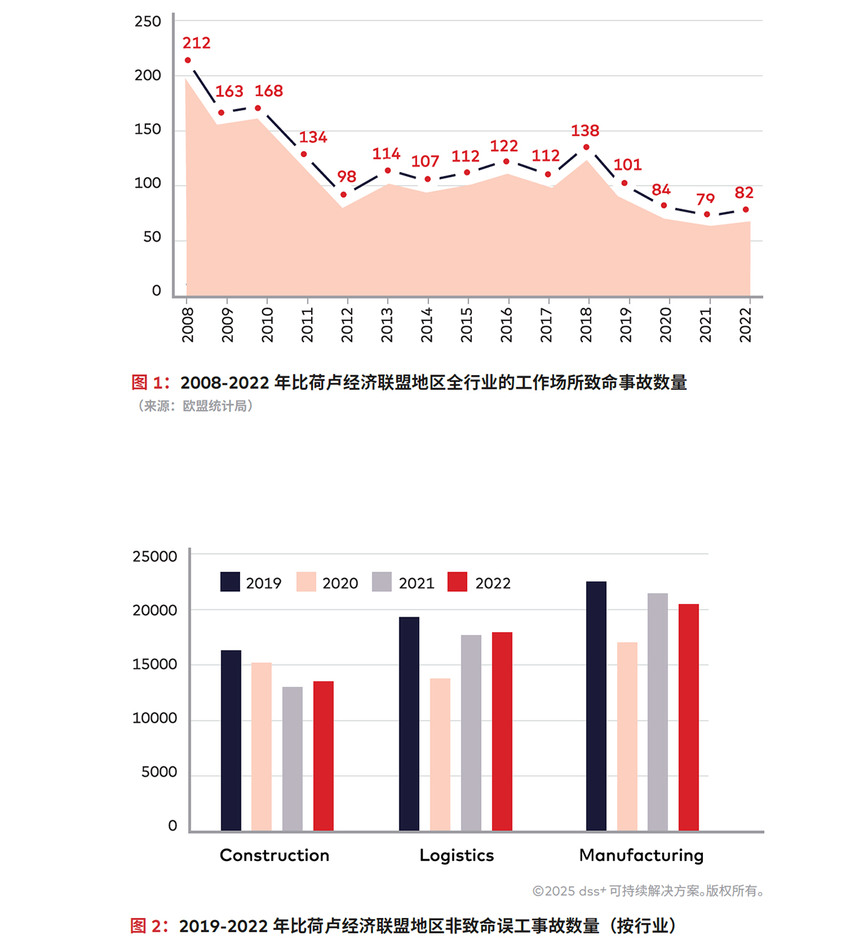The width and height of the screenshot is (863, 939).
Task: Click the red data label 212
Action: pos(197,43)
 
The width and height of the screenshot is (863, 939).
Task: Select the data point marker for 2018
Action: pos(586,147)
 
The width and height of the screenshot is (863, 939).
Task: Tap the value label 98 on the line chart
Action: pos(347,176)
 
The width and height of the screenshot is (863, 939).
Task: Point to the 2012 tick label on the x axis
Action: pos(347,325)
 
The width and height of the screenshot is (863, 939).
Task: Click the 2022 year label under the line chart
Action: pos(745,325)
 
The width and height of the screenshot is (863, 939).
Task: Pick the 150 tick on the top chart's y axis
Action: pos(147,129)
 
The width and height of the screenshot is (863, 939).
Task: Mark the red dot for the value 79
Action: pos(706,214)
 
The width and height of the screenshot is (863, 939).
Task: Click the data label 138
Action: pos(585,131)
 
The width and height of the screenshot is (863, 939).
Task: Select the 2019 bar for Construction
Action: pos(231,742)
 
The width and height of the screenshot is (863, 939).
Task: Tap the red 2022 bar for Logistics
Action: pos(501,733)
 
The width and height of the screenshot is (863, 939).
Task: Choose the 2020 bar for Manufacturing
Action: pos(627,737)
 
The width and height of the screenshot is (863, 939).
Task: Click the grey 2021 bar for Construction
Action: pos(293,760)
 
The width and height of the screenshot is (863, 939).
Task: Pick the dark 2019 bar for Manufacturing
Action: pos(596,707)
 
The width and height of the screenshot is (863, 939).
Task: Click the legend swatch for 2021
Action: pos(382,582)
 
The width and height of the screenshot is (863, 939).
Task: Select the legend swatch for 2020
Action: pos(306,582)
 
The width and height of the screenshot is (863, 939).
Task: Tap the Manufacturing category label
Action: pos(642,855)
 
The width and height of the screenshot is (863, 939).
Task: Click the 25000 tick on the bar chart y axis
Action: pos(154,556)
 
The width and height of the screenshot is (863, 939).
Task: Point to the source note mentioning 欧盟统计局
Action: pos(195,406)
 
